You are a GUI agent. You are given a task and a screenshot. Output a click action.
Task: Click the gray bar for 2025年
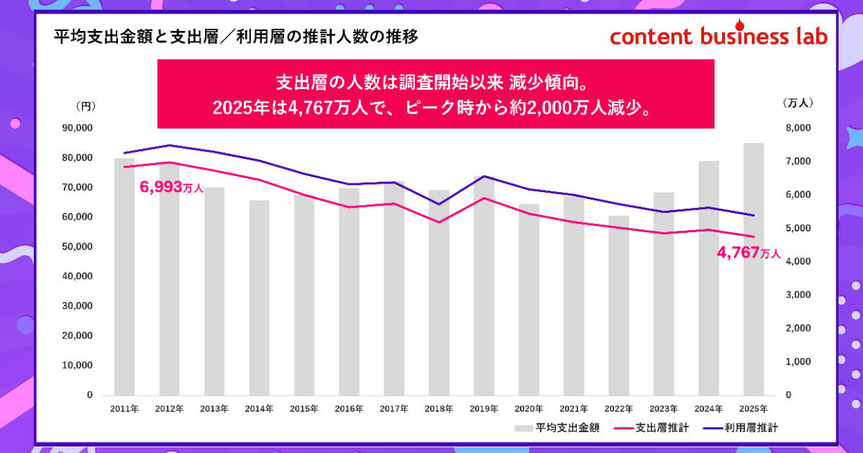(x=754, y=269)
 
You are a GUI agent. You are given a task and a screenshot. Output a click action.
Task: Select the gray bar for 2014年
(x=259, y=298)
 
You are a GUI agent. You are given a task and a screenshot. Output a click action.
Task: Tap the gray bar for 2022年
(x=618, y=306)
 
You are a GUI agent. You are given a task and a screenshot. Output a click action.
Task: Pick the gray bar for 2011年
(x=124, y=277)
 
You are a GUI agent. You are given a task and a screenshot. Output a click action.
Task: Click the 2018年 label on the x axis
(x=439, y=408)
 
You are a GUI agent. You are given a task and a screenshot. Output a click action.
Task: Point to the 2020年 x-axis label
(x=529, y=408)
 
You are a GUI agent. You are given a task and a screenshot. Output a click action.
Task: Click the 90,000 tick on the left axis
(x=79, y=128)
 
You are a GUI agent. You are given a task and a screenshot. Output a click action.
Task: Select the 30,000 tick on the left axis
(x=79, y=306)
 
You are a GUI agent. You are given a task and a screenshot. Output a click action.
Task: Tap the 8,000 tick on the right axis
(x=798, y=128)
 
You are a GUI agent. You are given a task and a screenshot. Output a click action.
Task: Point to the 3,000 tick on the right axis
(x=798, y=295)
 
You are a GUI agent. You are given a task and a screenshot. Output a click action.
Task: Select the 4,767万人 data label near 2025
(x=749, y=253)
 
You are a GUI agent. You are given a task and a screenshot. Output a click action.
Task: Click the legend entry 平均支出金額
(x=558, y=429)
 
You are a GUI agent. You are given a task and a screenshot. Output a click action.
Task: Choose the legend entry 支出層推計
(x=653, y=429)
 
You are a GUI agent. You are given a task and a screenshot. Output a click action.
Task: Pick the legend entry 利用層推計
(x=742, y=429)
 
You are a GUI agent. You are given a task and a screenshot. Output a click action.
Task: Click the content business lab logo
(x=718, y=37)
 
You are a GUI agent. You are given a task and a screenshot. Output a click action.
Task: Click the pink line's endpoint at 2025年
(x=754, y=237)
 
